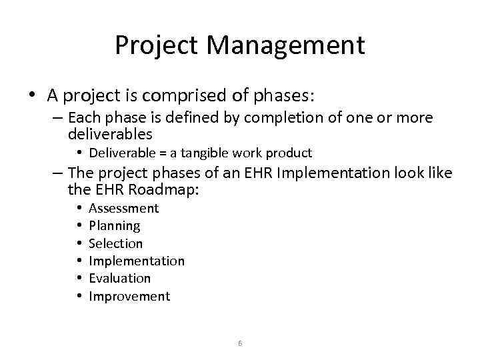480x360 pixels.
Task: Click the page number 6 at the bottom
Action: click(240, 343)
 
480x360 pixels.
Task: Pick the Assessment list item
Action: click(123, 209)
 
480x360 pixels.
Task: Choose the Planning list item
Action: click(114, 226)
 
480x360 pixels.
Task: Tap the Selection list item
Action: click(115, 243)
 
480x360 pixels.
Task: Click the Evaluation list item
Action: click(119, 278)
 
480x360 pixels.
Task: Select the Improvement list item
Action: click(129, 296)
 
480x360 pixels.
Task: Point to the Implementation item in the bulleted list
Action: click(136, 261)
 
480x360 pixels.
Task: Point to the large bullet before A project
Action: click(33, 96)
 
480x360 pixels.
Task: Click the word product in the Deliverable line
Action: click(289, 153)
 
